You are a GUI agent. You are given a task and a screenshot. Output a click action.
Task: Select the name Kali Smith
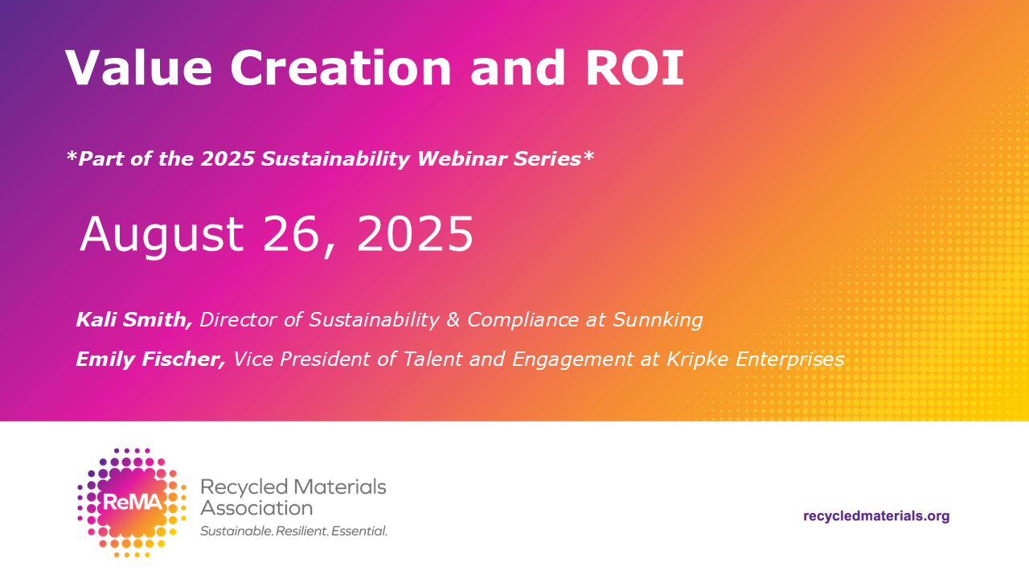pos(134,320)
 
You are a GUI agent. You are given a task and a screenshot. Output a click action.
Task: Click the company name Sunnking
pos(658,320)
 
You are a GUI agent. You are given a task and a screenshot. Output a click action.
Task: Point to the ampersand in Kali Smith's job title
pos(453,320)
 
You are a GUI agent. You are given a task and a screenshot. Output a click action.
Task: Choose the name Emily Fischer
pos(150,359)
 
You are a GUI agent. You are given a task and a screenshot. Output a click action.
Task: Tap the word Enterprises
pos(790,359)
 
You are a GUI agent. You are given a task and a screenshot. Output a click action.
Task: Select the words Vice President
pos(301,359)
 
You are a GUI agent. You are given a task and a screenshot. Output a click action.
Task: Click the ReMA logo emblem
pos(133,503)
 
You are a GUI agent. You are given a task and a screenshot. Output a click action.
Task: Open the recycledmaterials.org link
pos(876,516)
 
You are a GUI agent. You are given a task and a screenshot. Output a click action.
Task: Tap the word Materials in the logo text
pos(339,487)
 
